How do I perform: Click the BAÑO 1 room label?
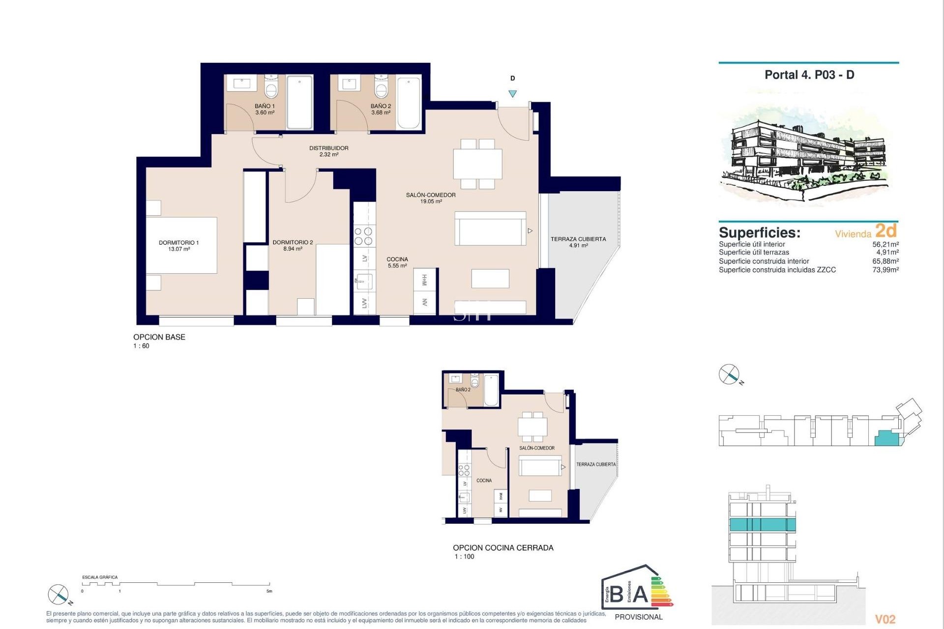pyautogui.click(x=265, y=106)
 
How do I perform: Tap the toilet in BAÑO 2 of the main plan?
pyautogui.click(x=381, y=88)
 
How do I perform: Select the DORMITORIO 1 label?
pyautogui.click(x=178, y=242)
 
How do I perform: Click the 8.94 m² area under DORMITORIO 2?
pyautogui.click(x=293, y=249)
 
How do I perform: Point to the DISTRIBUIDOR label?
pyautogui.click(x=328, y=148)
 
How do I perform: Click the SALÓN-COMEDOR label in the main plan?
pyautogui.click(x=431, y=195)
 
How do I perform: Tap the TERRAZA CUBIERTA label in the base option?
pyautogui.click(x=578, y=239)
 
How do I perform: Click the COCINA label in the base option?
pyautogui.click(x=397, y=259)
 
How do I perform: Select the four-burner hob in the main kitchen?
pyautogui.click(x=364, y=236)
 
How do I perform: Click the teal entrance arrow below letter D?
pyautogui.click(x=512, y=94)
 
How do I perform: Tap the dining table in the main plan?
pyautogui.click(x=477, y=164)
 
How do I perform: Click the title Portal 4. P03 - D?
pyautogui.click(x=809, y=75)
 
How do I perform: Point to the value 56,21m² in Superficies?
pyautogui.click(x=885, y=244)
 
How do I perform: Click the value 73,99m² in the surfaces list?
pyautogui.click(x=885, y=270)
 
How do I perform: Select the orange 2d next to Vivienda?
pyautogui.click(x=886, y=230)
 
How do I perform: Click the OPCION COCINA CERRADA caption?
pyautogui.click(x=503, y=548)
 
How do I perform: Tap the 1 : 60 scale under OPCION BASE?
pyautogui.click(x=141, y=346)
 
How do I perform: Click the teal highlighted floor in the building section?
pyautogui.click(x=762, y=524)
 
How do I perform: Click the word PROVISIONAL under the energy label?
pyautogui.click(x=638, y=617)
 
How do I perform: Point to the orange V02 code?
pyautogui.click(x=885, y=619)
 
